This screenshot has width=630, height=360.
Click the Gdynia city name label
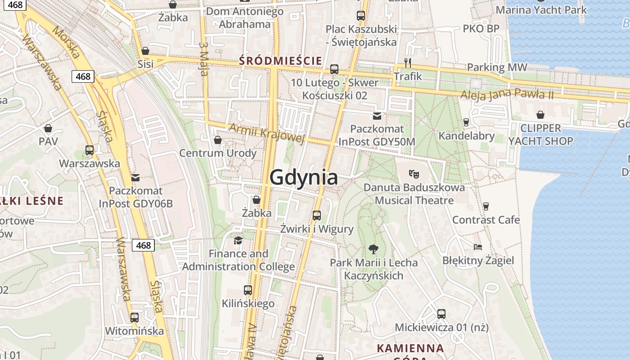pyautogui.click(x=303, y=177)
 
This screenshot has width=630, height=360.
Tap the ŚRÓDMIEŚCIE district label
pyautogui.click(x=280, y=60)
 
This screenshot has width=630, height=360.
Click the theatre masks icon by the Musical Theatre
pyautogui.click(x=414, y=173)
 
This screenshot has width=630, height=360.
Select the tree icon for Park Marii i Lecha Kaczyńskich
pyautogui.click(x=373, y=248)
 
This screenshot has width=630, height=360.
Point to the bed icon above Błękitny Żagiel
pyautogui.click(x=478, y=247)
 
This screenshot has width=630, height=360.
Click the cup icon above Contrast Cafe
pyautogui.click(x=486, y=206)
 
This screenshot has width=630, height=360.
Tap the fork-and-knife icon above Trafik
pyautogui.click(x=408, y=63)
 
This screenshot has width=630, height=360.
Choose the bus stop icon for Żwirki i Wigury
pyautogui.click(x=317, y=215)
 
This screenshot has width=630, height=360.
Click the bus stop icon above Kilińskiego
pyautogui.click(x=248, y=290)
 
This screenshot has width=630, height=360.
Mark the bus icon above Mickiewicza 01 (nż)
pyautogui.click(x=441, y=314)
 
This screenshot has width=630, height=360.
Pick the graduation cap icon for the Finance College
pyautogui.click(x=238, y=240)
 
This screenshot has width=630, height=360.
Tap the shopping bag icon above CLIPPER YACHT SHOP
pyautogui.click(x=540, y=115)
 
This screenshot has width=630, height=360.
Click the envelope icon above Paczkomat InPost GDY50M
pyautogui.click(x=377, y=116)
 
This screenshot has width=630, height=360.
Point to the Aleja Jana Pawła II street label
pyautogui.click(x=507, y=95)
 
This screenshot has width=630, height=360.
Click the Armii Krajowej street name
pyautogui.click(x=267, y=133)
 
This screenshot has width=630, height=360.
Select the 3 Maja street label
pyautogui.click(x=203, y=59)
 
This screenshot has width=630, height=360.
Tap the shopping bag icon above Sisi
pyautogui.click(x=145, y=51)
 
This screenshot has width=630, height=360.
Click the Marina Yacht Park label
pyautogui.click(x=541, y=9)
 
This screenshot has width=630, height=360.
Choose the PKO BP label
pyautogui.click(x=481, y=29)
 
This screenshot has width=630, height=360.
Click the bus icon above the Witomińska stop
pyautogui.click(x=134, y=317)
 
